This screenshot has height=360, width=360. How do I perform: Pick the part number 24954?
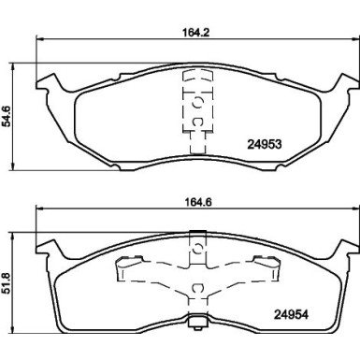pyautogui.click(x=292, y=315)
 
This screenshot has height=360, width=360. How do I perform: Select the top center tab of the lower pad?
pyautogui.click(x=197, y=234)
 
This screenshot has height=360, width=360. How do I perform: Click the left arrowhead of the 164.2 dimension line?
pyautogui.click(x=39, y=39)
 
